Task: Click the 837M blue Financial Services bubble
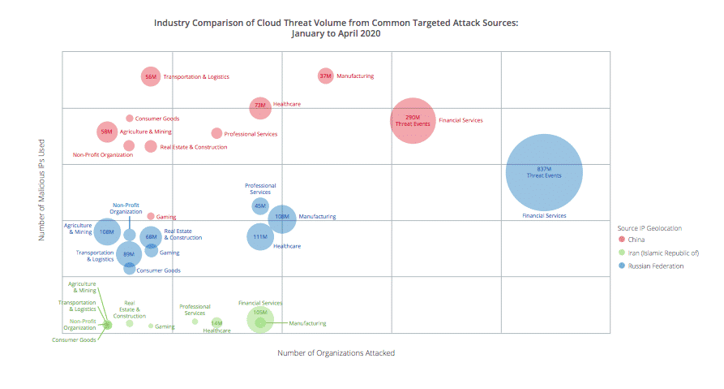[x=544, y=172]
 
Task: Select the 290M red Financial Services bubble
[x=413, y=120]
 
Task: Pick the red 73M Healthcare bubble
[x=259, y=106]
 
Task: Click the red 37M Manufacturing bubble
[x=325, y=76]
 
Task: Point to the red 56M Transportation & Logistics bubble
[x=150, y=77]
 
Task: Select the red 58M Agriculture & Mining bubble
[x=107, y=132]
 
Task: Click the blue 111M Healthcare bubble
[x=259, y=236]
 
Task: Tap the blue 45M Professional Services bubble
[x=259, y=206]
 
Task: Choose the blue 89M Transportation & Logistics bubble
[x=128, y=254]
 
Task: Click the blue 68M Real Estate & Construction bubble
[x=151, y=237]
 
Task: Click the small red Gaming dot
[x=151, y=216]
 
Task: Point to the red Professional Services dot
[x=216, y=133]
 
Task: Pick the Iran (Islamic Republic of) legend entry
[x=663, y=253]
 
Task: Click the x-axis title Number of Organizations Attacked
[x=336, y=353]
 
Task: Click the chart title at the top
[x=336, y=28]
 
